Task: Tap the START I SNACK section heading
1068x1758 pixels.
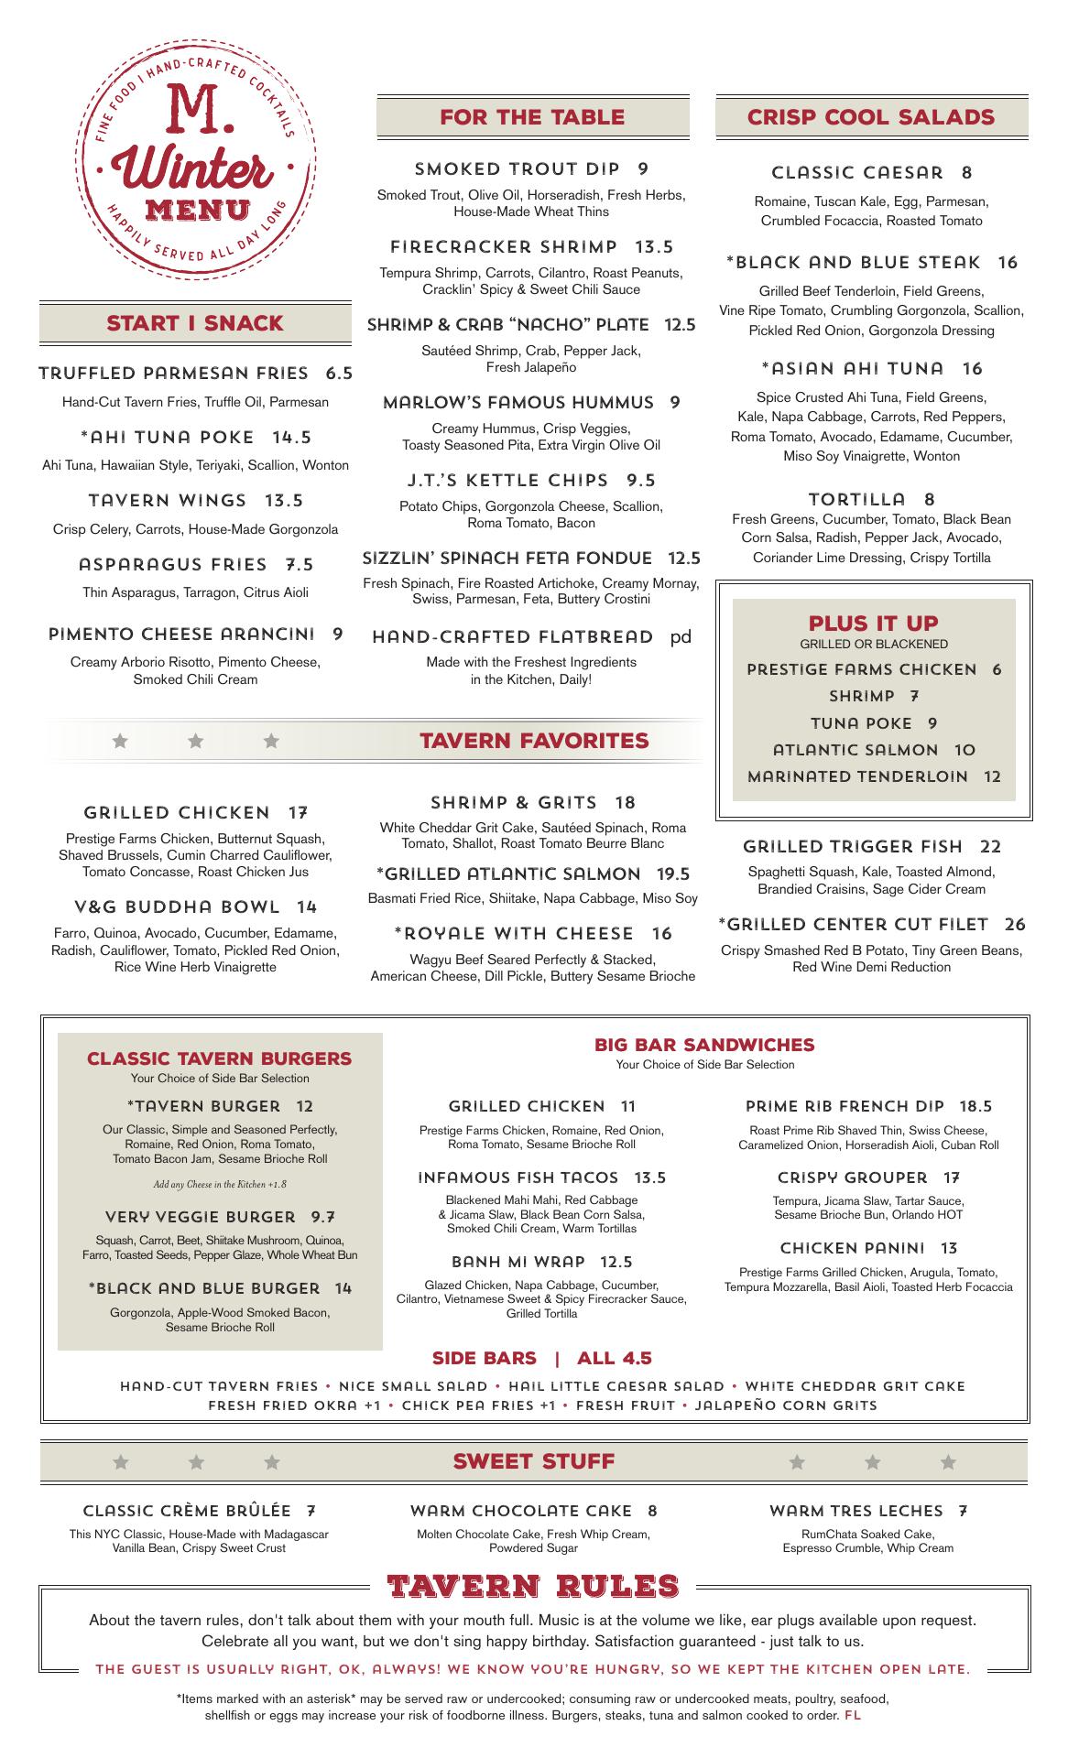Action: pos(195,323)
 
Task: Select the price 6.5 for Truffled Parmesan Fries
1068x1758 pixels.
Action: pos(339,374)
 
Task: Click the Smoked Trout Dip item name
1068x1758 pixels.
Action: pos(518,169)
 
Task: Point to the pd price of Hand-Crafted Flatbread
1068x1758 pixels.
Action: pos(681,637)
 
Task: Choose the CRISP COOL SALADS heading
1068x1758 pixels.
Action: pos(870,117)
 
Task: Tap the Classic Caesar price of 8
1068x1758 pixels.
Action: pos(967,173)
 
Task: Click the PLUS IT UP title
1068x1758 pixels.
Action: pos(873,624)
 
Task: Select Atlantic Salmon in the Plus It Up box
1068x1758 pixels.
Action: pos(855,750)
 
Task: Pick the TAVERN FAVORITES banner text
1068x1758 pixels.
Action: pos(534,741)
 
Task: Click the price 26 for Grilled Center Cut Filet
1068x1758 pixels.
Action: pos(1014,925)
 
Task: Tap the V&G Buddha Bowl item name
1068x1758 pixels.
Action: pos(177,907)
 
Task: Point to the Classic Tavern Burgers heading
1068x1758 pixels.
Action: pos(219,1058)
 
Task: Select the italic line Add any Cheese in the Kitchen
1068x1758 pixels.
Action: pos(220,1185)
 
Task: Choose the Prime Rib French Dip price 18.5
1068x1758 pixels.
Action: pos(975,1106)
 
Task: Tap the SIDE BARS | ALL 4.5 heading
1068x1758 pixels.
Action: pos(541,1358)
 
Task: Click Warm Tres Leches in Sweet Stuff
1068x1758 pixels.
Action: pos(855,1511)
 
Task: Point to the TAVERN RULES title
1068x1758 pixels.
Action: pos(533,1587)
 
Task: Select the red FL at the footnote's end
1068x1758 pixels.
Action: pos(853,1715)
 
